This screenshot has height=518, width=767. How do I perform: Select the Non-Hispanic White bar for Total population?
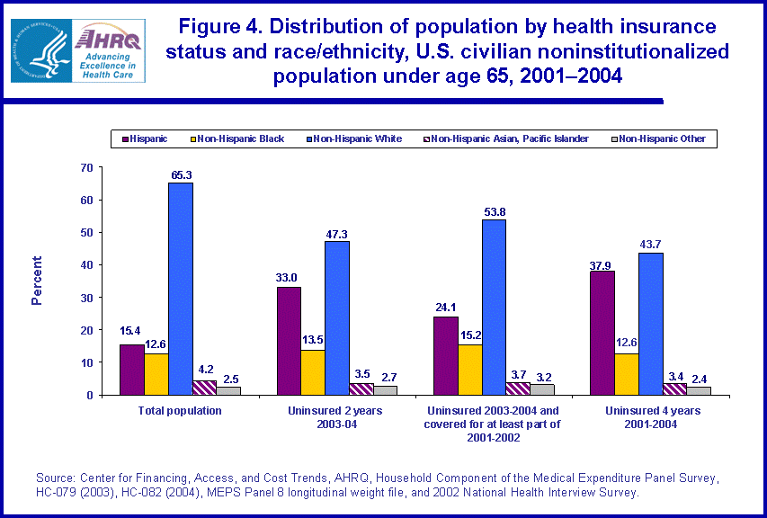[180, 289]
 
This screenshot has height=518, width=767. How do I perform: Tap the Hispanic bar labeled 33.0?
[289, 341]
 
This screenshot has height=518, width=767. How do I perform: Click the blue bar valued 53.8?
[494, 307]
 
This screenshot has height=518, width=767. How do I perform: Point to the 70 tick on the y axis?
[87, 167]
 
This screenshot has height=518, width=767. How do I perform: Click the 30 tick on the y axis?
[87, 298]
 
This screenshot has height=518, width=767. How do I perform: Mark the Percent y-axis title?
[37, 281]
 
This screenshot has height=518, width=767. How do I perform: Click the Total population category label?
[180, 411]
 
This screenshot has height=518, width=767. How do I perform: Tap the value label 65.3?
[181, 174]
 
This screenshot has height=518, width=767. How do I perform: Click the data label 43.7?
[651, 244]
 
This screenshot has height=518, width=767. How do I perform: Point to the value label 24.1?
[445, 308]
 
